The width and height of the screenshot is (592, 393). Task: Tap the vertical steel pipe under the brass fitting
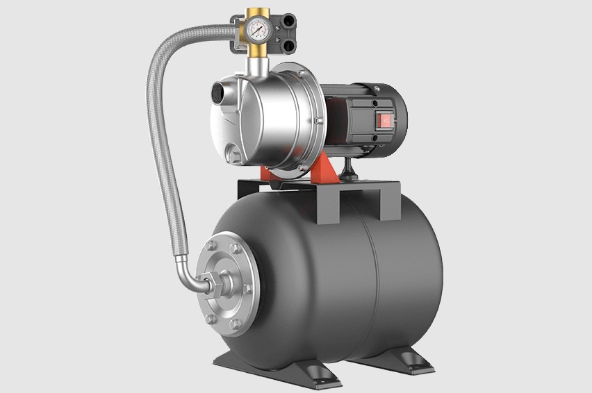pyautogui.click(x=257, y=67)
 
